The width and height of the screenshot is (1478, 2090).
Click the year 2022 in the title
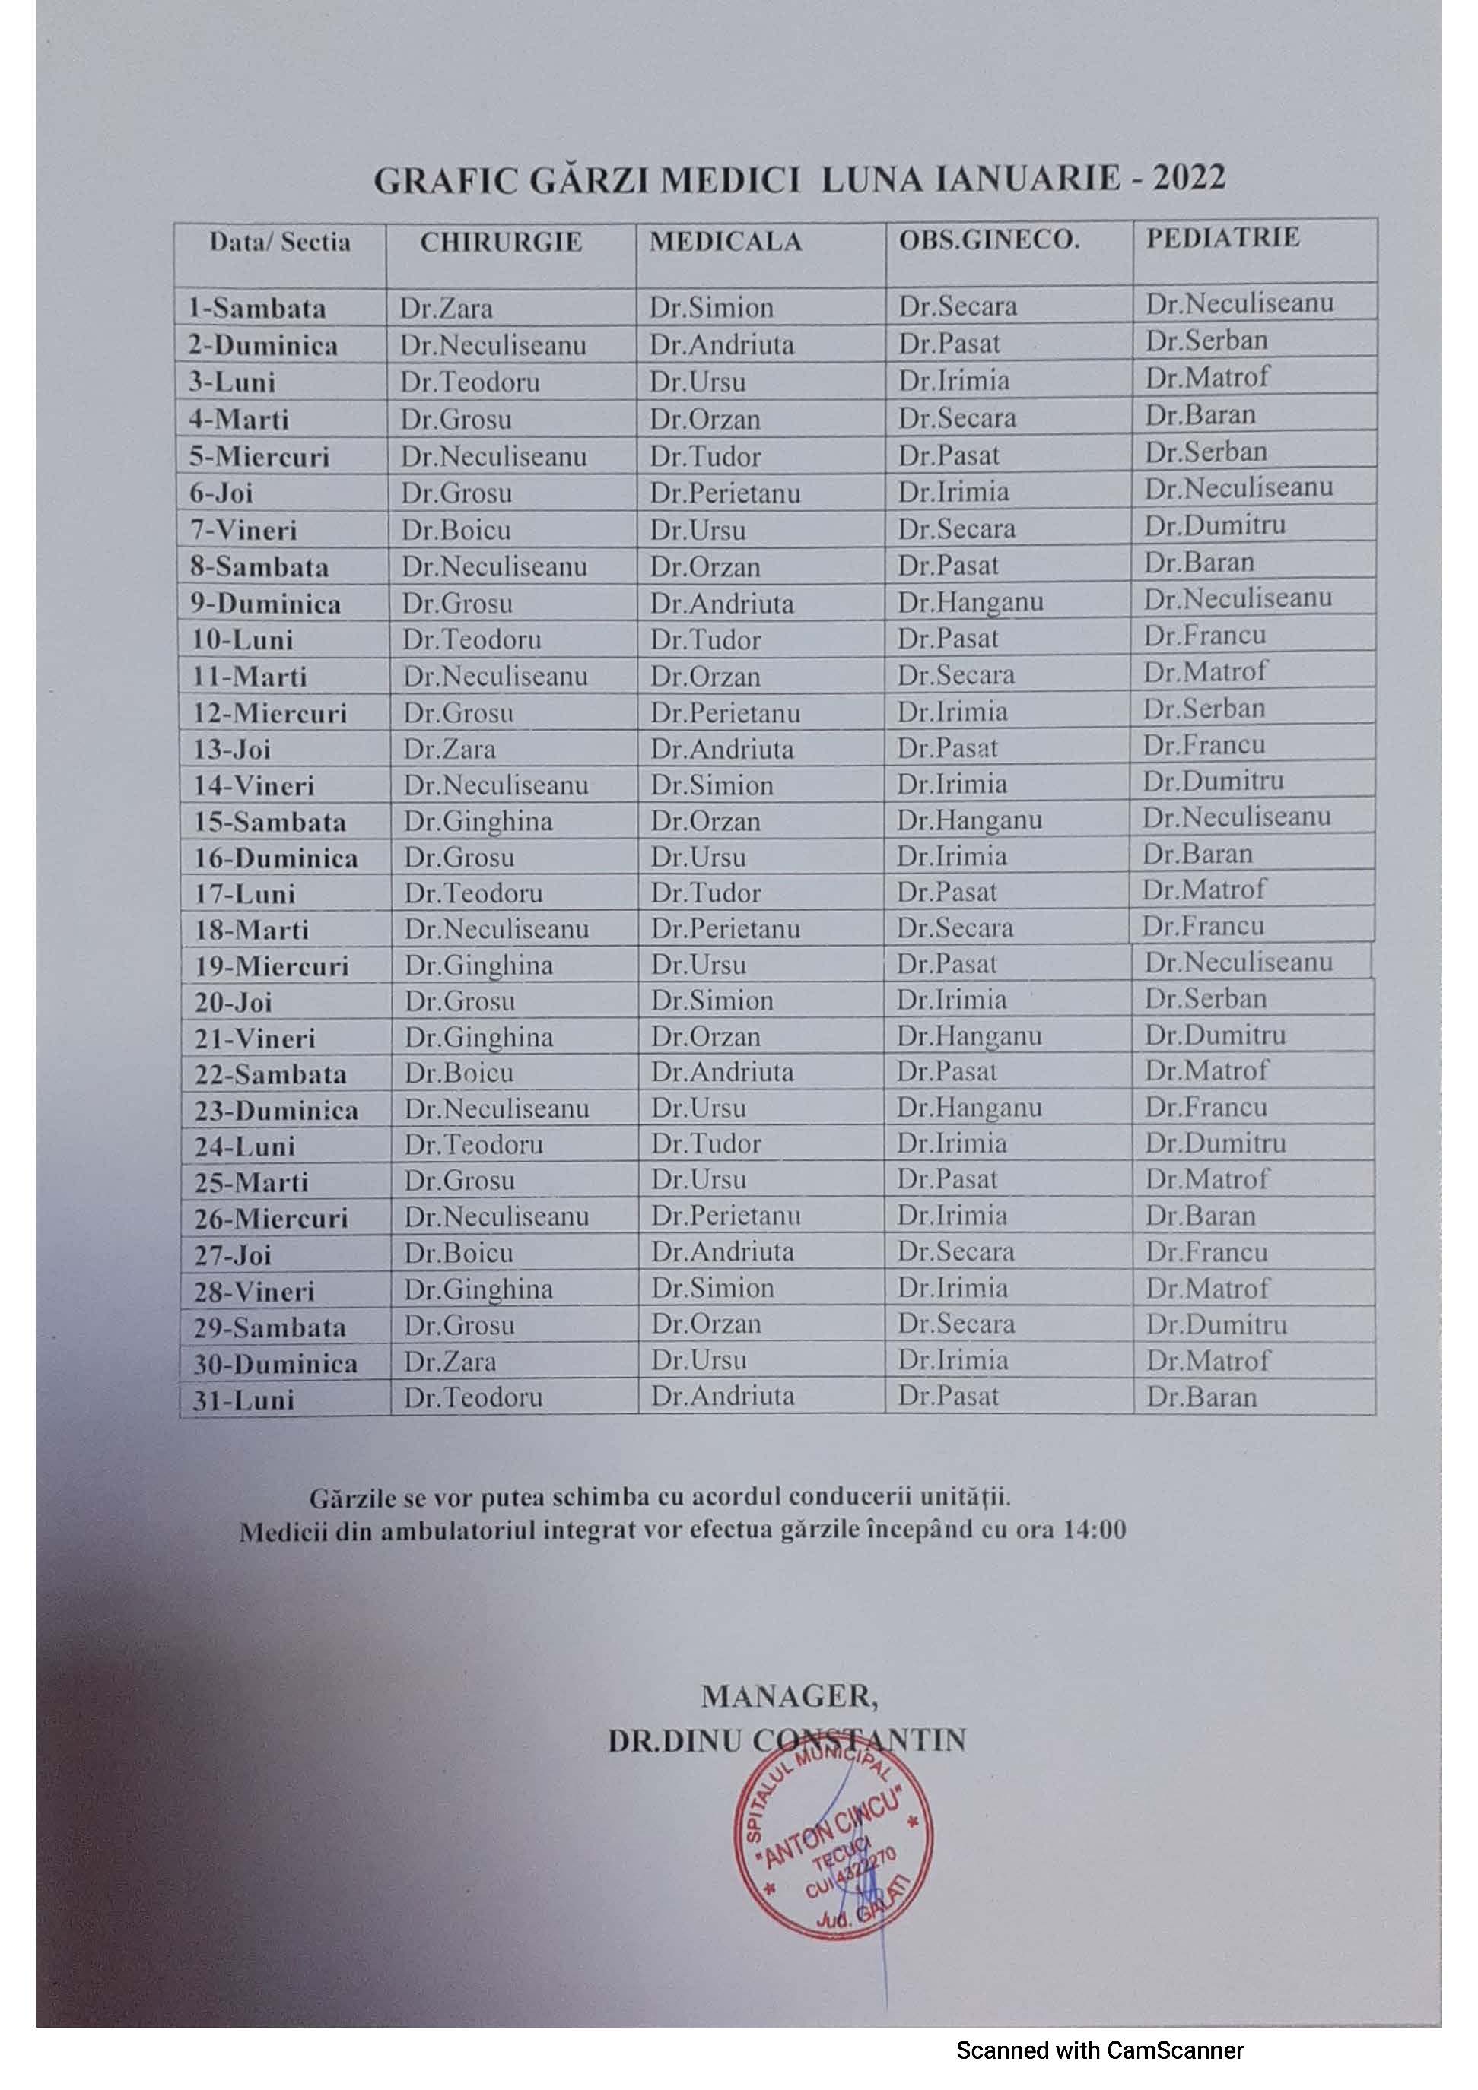tap(1188, 177)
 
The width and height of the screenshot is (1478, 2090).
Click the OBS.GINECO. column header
tap(988, 240)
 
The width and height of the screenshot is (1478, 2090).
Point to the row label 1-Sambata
tap(257, 309)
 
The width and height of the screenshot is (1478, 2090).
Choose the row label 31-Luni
tap(243, 1400)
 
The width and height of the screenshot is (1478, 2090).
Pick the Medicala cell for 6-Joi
tap(725, 493)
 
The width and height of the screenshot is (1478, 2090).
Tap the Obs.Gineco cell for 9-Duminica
tap(970, 601)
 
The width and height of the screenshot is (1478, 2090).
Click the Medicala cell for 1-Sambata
tap(711, 308)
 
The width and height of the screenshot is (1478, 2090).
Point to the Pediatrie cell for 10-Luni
tap(1204, 636)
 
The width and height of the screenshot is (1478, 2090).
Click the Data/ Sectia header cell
tap(280, 243)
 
